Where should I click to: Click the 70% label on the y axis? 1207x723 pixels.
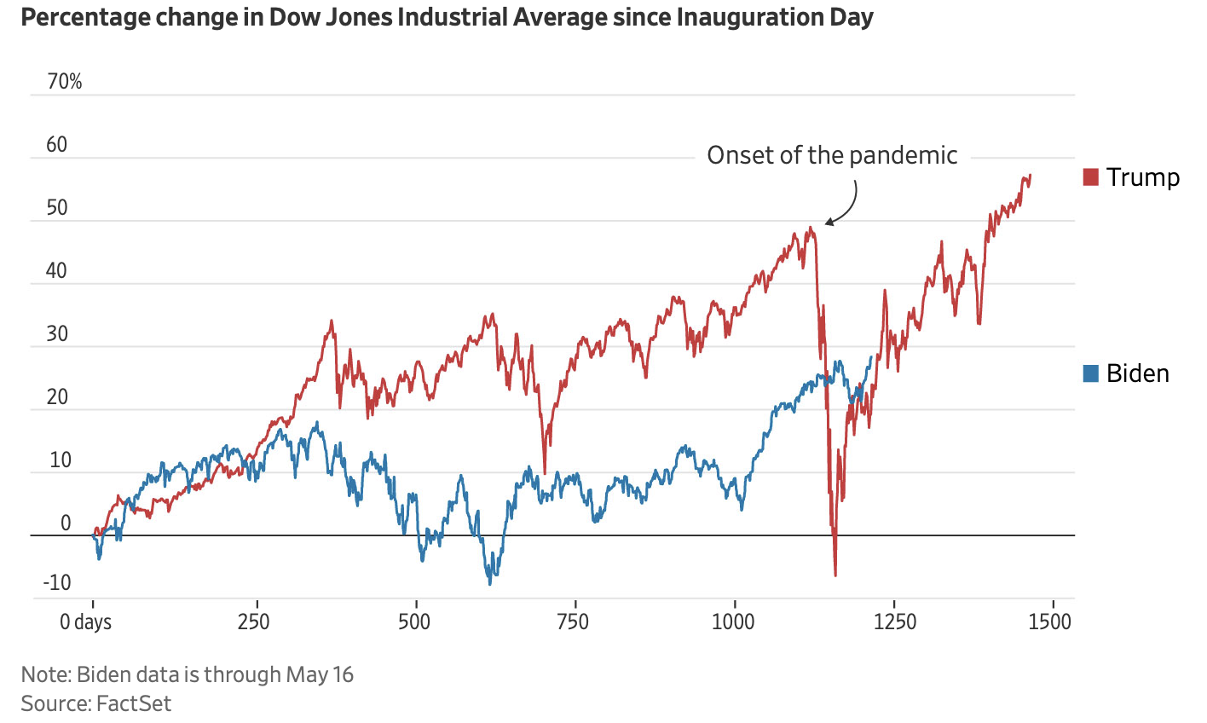[65, 82]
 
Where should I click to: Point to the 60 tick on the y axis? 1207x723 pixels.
[57, 145]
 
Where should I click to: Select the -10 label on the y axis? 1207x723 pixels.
[55, 583]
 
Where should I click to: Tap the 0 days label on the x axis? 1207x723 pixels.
[85, 622]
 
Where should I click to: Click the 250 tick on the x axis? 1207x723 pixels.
[254, 622]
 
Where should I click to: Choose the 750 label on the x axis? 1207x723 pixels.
[573, 622]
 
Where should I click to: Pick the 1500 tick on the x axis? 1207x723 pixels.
[1049, 622]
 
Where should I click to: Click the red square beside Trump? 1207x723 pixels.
[1091, 177]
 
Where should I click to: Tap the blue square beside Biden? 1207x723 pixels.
[1091, 373]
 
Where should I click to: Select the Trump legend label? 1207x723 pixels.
[1143, 177]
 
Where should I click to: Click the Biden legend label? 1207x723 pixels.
[1138, 373]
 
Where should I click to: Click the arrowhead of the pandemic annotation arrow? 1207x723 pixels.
[828, 223]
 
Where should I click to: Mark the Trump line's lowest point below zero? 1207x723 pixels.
[835, 576]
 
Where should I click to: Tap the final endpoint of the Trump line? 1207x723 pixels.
[1031, 175]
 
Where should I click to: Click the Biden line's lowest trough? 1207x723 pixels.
[490, 583]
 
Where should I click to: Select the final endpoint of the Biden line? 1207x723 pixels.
[871, 356]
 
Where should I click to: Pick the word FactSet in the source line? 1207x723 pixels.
[134, 703]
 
